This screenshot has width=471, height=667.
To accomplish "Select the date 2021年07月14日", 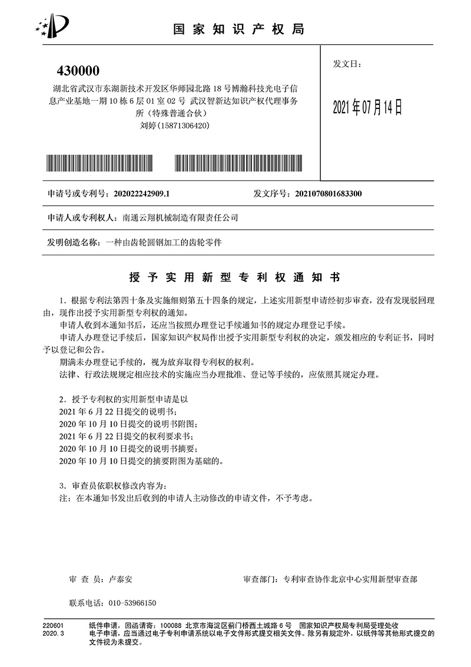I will click(367, 107).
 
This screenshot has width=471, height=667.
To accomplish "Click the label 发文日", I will click(347, 64).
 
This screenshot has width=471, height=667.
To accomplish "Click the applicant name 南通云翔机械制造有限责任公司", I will click(180, 218).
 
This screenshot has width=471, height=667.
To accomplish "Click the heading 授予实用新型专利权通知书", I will click(234, 276).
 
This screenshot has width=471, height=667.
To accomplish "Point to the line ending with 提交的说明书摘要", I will click(130, 448).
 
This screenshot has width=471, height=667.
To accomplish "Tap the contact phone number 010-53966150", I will click(132, 603).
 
